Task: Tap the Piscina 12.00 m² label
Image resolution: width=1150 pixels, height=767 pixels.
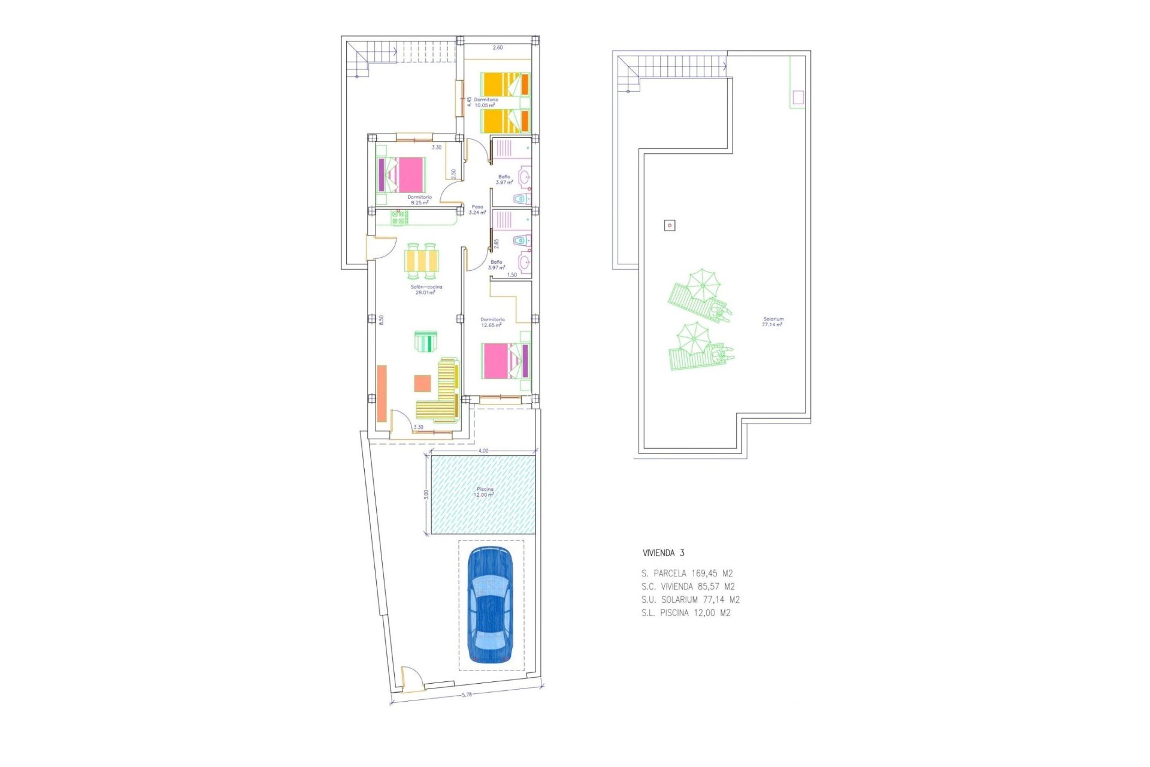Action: coord(484,493)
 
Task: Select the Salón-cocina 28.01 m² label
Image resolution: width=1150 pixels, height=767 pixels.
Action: coord(426,289)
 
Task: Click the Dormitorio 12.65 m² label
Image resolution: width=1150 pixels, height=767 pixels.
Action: coord(492,322)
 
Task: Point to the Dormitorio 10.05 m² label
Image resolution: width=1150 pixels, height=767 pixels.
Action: coord(485,102)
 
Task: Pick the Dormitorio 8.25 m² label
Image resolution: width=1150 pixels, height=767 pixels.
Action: coord(419,200)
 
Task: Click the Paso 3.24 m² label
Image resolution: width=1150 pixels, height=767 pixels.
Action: coord(477,209)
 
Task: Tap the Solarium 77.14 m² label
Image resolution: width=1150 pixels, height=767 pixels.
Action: coord(773,322)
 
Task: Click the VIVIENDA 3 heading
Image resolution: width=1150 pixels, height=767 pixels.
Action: coord(663,553)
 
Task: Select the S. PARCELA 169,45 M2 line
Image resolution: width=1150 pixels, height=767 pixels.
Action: coord(686,573)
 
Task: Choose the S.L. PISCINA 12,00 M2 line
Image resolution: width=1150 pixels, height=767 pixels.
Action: coord(685,613)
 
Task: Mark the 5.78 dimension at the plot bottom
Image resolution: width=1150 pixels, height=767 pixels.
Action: coord(467,695)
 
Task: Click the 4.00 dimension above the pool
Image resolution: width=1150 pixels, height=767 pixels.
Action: coord(483,451)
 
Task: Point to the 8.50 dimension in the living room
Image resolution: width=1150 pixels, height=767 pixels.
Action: coord(381,319)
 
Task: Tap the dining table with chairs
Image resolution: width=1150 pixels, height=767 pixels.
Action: coord(421,261)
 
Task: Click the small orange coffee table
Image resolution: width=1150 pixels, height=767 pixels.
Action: coord(422,383)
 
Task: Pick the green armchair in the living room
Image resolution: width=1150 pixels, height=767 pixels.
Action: coord(426,342)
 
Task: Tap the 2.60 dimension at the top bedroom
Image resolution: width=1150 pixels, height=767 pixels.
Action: coord(497,47)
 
